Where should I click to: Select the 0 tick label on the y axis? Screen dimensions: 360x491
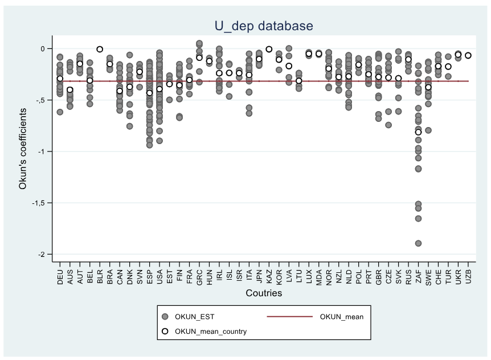44,48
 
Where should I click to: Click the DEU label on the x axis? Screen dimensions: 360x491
60,273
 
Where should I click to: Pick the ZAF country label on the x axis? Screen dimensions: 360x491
418,273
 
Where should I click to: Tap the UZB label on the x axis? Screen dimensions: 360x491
468,273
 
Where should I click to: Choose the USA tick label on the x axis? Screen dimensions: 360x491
159,273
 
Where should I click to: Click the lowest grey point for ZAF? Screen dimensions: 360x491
418,243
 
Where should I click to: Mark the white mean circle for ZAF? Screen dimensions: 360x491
418,132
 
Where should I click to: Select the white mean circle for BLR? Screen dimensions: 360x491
100,49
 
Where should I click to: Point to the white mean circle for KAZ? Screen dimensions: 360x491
269,49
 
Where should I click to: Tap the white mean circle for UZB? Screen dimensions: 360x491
468,55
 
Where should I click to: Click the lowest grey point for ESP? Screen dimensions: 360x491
149,145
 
